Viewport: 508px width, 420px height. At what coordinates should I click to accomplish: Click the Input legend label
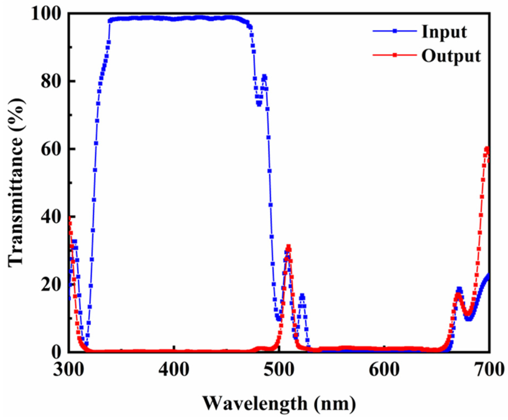pos(444,32)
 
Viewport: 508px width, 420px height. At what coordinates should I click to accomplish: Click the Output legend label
pos(451,56)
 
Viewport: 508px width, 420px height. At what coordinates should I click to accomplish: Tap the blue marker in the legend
pos(395,31)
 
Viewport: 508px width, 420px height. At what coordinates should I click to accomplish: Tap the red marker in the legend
pos(395,55)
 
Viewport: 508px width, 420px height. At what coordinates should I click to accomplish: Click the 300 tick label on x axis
pos(68,370)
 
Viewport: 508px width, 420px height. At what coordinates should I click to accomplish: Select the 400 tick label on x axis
pos(174,370)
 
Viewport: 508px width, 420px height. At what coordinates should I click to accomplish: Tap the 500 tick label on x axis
pos(279,370)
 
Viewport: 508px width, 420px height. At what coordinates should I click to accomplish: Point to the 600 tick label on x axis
pos(384,370)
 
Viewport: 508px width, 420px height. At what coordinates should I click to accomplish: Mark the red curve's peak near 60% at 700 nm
pos(487,149)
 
